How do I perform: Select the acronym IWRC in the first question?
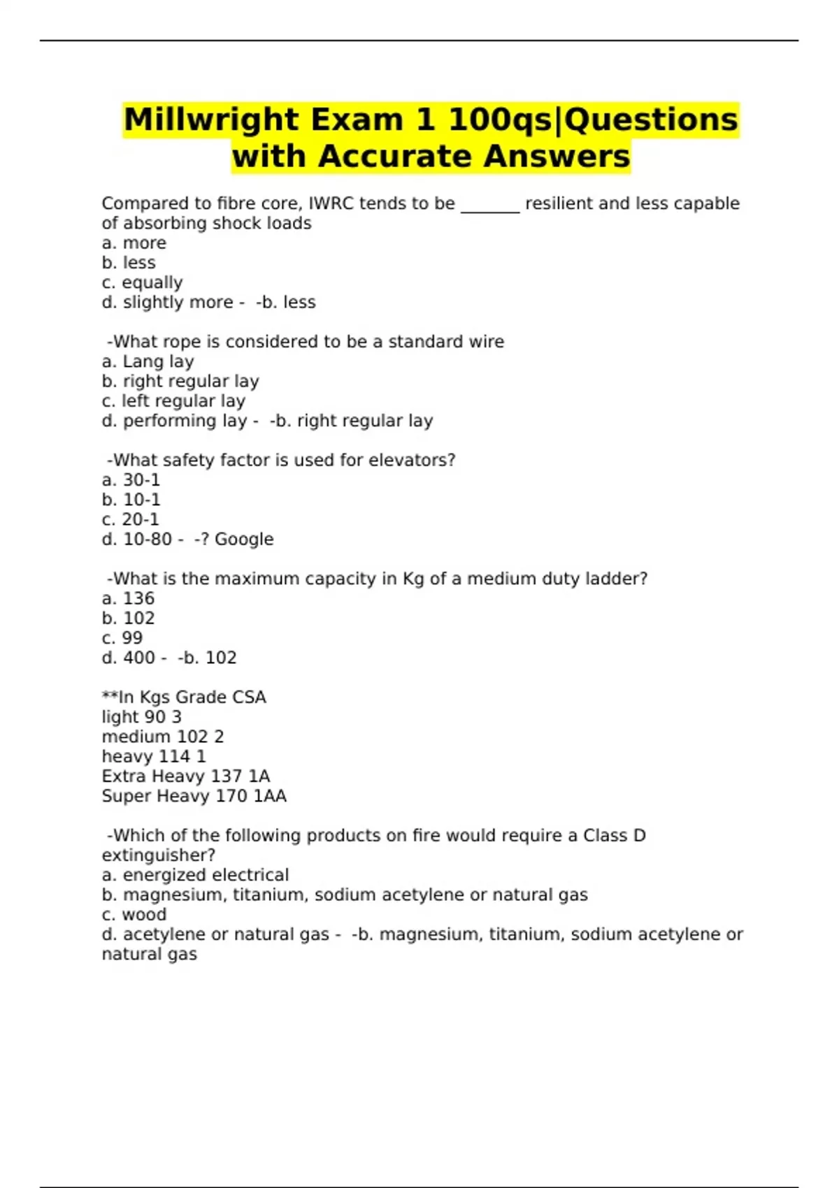[331, 203]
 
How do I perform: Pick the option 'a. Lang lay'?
[148, 361]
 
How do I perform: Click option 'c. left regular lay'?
[173, 401]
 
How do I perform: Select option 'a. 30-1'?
[131, 480]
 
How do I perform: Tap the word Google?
[244, 539]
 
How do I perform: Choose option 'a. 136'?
[128, 598]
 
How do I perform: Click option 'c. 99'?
[122, 638]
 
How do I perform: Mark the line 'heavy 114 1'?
[154, 756]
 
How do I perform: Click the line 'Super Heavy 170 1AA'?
[194, 796]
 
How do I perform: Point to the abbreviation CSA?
[249, 697]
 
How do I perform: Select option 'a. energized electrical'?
[195, 875]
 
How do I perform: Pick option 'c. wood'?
[134, 915]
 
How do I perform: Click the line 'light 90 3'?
[141, 717]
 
